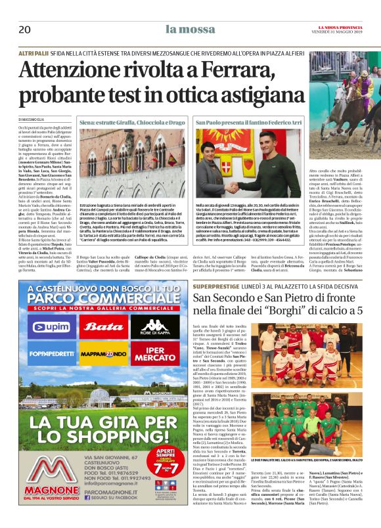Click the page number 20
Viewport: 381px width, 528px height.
(24, 30)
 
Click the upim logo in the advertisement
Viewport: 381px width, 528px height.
(49, 326)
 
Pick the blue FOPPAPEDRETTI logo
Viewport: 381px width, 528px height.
(49, 353)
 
